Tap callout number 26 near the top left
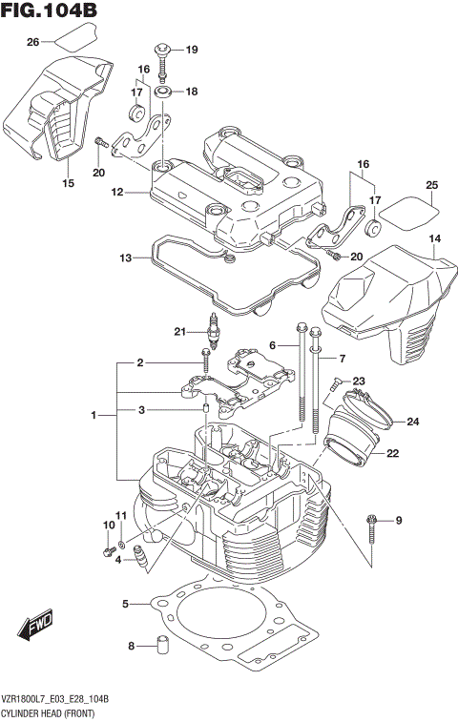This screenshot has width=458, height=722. (x=32, y=42)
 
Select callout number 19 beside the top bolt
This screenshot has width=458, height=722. (x=191, y=50)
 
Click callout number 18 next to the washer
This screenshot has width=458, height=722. (x=191, y=92)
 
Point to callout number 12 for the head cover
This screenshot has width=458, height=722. (x=117, y=192)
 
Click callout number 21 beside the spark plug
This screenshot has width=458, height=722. (x=178, y=332)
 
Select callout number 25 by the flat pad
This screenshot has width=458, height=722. (x=431, y=185)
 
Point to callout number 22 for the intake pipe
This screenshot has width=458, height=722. (x=392, y=454)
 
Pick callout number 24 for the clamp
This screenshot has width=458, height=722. (x=412, y=422)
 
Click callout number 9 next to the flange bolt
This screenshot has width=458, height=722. (x=399, y=520)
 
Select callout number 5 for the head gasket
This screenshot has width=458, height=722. (x=125, y=604)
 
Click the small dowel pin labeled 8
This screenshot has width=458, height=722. (x=162, y=646)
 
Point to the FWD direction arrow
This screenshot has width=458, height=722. (x=36, y=629)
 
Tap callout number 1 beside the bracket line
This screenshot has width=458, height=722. (x=94, y=415)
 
